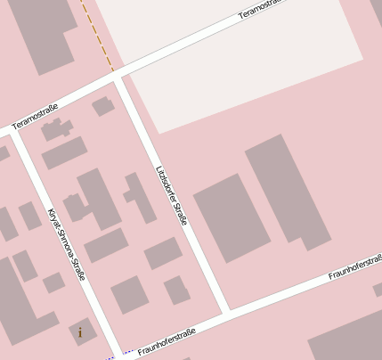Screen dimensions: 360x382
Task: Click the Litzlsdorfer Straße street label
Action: click(171, 194)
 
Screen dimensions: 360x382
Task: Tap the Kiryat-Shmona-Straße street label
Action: click(66, 243)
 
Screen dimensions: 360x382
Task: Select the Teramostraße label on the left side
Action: click(40, 117)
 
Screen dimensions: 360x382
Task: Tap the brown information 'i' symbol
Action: click(80, 333)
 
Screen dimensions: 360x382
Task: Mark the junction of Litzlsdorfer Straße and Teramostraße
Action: click(118, 79)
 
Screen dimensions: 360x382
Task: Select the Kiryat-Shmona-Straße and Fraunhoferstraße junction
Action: click(121, 353)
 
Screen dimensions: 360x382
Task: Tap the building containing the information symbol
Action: click(82, 331)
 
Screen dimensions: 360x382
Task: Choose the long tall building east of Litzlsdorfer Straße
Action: click(287, 189)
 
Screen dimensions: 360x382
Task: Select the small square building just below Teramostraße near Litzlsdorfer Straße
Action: click(103, 107)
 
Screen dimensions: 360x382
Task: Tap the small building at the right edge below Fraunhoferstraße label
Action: click(378, 290)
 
